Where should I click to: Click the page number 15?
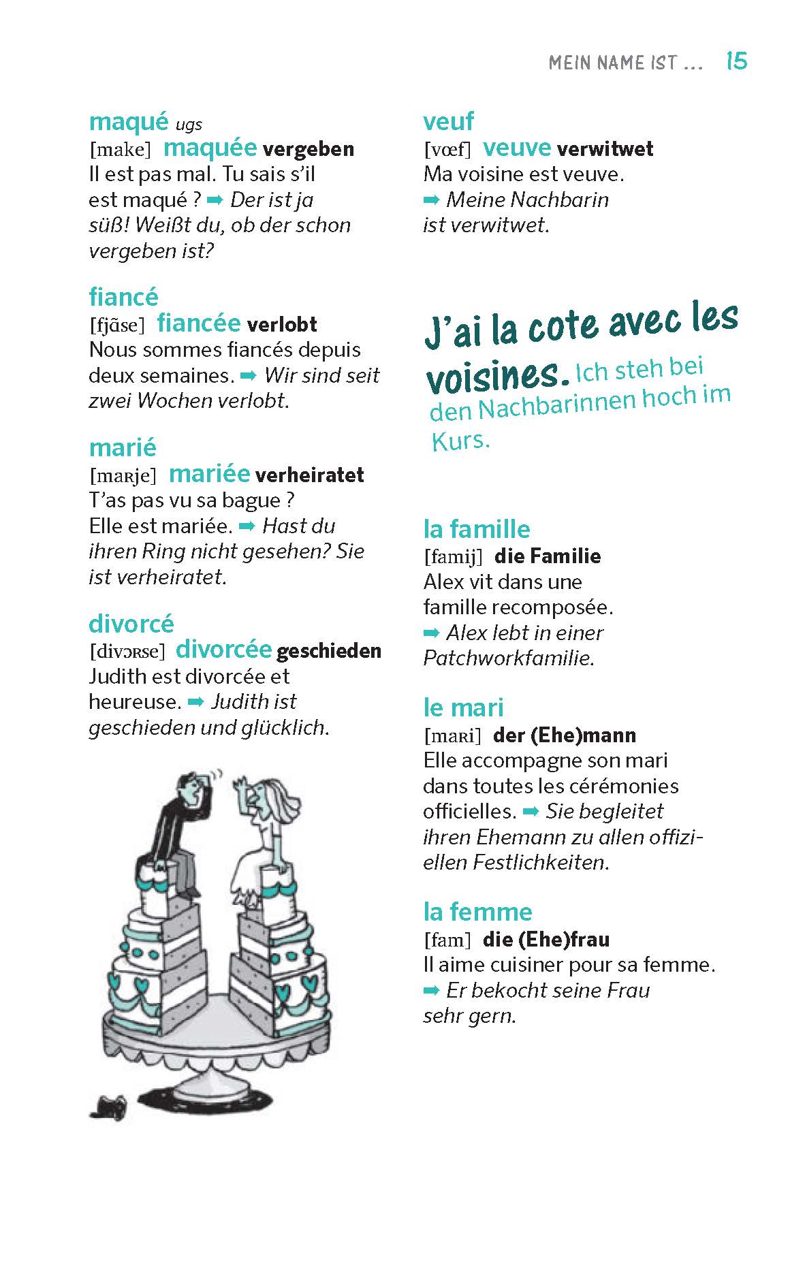[736, 62]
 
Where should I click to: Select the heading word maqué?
[128, 122]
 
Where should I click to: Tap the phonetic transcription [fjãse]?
[117, 325]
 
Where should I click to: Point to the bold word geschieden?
[329, 652]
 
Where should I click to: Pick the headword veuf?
[448, 122]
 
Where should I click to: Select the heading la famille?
[476, 529]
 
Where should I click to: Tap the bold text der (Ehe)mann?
[564, 735]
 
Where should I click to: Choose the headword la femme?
[477, 912]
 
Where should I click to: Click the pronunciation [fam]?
[447, 940]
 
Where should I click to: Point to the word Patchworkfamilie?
[508, 658]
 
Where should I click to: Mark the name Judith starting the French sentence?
[117, 677]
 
